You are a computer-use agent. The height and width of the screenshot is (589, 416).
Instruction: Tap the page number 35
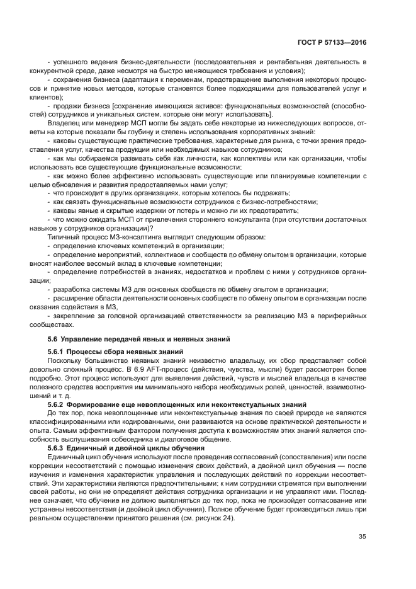point(362,537)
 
